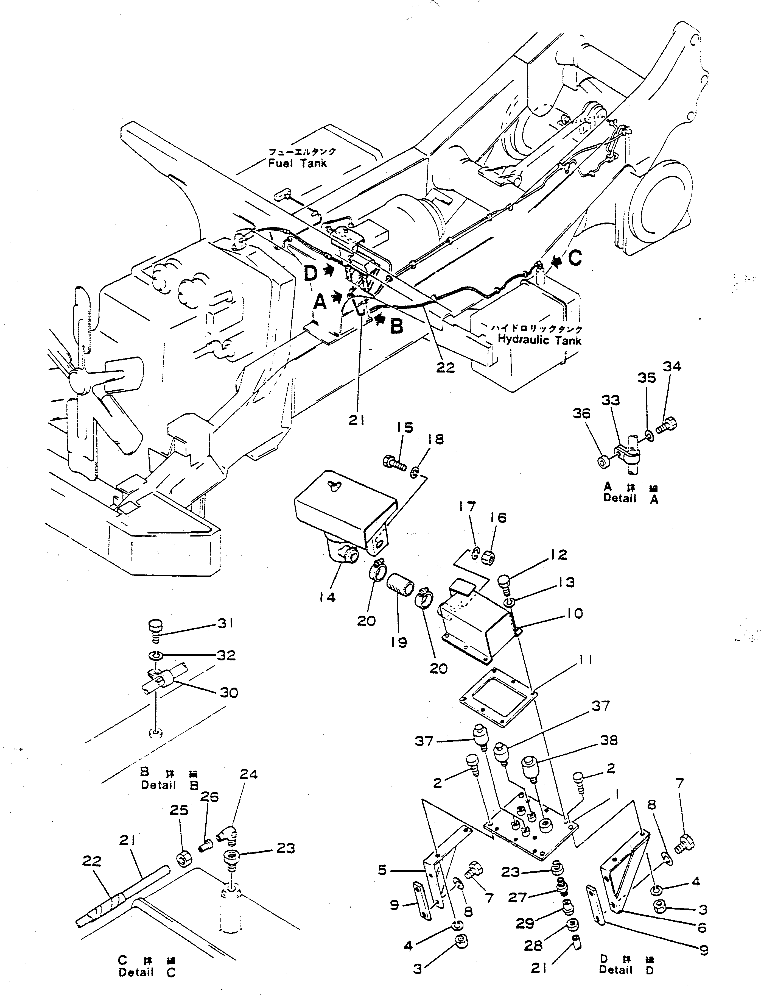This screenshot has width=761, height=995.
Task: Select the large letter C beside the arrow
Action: coord(575,259)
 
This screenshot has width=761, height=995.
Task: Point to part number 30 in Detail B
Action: coord(228,692)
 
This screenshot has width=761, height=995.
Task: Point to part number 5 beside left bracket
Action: coord(383,870)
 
